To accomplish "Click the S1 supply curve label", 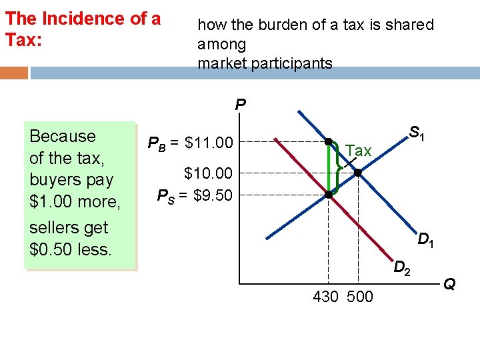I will pyautogui.click(x=417, y=133).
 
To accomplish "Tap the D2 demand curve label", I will pyautogui.click(x=402, y=269).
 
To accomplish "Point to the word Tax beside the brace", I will pyautogui.click(x=359, y=151).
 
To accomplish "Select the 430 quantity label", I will pyautogui.click(x=325, y=297).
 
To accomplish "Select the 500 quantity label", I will pyautogui.click(x=361, y=297).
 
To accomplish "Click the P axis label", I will pyautogui.click(x=241, y=105).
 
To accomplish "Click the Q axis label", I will pyautogui.click(x=450, y=285).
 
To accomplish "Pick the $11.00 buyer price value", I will pyautogui.click(x=209, y=142).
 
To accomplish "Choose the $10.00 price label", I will pyautogui.click(x=209, y=174).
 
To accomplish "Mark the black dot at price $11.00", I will pyautogui.click(x=329, y=141).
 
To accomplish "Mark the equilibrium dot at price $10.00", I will pyautogui.click(x=358, y=173).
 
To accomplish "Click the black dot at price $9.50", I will pyautogui.click(x=329, y=195).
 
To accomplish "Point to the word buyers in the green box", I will pyautogui.click(x=53, y=180).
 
